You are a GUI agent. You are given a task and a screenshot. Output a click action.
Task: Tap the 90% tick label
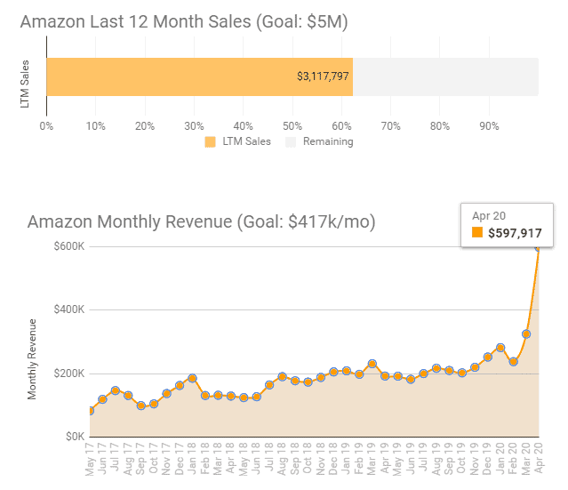click(488, 125)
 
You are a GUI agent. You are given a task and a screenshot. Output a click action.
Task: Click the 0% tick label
click(46, 125)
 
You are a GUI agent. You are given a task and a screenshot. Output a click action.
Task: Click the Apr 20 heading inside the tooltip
click(489, 215)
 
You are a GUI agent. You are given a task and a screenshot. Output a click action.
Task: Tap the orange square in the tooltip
click(477, 234)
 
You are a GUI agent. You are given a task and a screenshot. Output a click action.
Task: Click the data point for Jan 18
click(192, 379)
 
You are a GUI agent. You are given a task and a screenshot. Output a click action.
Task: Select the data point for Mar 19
click(372, 364)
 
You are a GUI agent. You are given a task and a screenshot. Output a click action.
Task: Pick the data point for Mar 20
click(526, 334)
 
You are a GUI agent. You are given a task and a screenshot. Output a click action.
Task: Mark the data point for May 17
click(90, 411)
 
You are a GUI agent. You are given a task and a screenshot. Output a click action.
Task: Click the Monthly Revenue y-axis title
click(33, 357)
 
